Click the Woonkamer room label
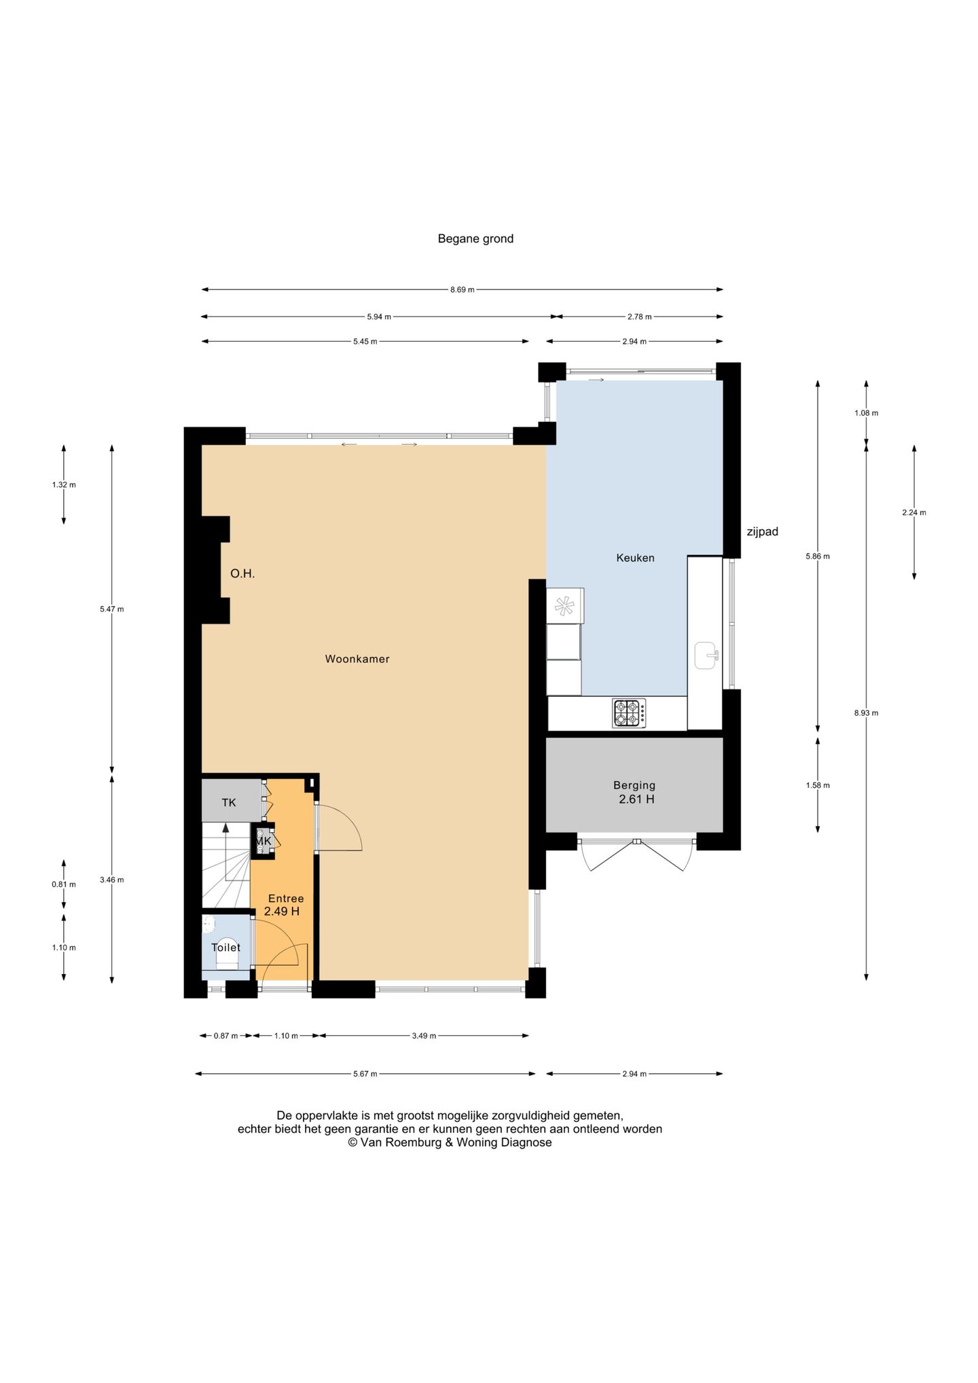[357, 659]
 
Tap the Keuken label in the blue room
[635, 558]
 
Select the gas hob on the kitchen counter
[629, 713]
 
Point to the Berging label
[634, 785]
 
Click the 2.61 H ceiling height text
[636, 800]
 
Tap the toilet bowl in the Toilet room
[225, 959]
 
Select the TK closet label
[229, 802]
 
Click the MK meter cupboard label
[264, 841]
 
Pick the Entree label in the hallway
[286, 899]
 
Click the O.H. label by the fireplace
[242, 574]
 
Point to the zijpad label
[763, 532]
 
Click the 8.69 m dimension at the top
[463, 290]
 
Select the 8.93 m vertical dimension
[866, 713]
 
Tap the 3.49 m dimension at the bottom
[424, 1036]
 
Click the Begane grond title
[475, 238]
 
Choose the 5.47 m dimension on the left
[112, 609]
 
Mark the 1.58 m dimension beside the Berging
[818, 785]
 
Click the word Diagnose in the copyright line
[526, 1143]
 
